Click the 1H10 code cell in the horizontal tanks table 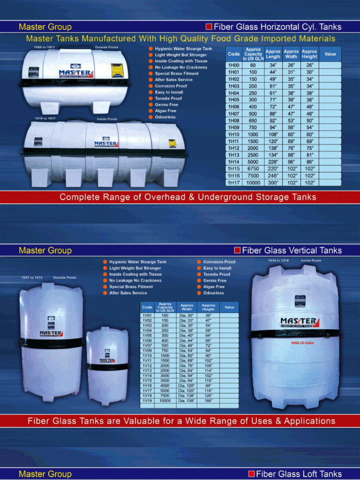click(233, 134)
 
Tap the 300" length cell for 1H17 click(273, 183)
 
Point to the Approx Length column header click(273, 54)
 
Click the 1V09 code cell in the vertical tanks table click(147, 350)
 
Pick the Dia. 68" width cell click(187, 360)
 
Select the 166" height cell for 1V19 click(208, 401)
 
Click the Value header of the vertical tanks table click(229, 307)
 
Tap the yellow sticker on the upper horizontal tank click(117, 70)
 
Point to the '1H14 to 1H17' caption click(45, 119)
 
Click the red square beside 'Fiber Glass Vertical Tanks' click(237, 250)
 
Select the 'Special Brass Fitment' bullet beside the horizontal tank click(177, 74)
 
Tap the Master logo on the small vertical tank click(107, 360)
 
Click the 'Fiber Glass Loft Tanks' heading click(299, 474)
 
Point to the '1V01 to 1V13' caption click(32, 277)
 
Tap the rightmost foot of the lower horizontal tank click(170, 177)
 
